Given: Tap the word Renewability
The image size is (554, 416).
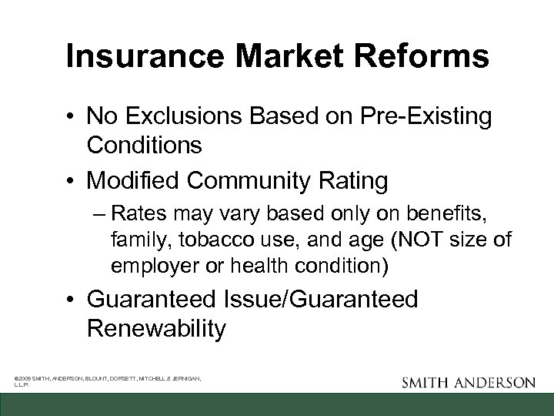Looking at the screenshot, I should (x=156, y=328).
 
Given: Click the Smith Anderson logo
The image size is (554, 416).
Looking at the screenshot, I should (x=468, y=381).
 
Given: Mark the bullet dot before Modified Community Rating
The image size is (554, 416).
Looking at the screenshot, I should (x=70, y=181).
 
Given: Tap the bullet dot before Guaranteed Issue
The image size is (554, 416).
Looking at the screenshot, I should (x=70, y=300).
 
